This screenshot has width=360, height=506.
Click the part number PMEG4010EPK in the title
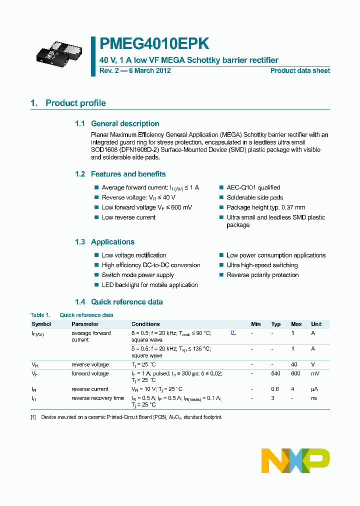tap(154, 44)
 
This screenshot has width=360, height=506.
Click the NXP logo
tap(295, 460)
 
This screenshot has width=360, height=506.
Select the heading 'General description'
tap(125, 123)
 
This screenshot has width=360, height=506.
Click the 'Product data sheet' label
tap(300, 70)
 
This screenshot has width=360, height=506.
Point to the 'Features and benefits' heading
tap(128, 174)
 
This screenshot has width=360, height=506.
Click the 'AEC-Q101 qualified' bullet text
tap(253, 187)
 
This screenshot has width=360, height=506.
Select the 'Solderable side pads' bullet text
tap(254, 197)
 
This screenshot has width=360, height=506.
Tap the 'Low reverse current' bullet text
tap(128, 217)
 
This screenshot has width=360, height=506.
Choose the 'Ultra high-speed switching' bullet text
tap(262, 265)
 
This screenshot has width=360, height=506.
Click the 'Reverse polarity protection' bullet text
tap(262, 275)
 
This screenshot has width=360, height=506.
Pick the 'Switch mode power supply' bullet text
tap(137, 275)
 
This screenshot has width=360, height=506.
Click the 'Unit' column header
tap(316, 324)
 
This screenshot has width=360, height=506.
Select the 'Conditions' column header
tap(145, 324)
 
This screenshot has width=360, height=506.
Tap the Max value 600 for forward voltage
tap(296, 374)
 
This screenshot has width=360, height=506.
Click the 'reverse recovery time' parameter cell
tap(97, 398)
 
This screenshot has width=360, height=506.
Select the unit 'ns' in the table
tap(314, 398)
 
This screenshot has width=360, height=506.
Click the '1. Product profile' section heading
tap(68, 103)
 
